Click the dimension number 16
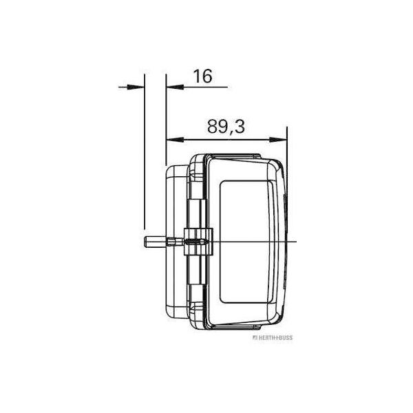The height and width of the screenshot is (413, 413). point(202,76)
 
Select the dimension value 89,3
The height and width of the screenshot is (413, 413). point(226,127)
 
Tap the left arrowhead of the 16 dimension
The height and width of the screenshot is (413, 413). point(136,87)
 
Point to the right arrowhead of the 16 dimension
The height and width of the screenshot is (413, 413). point(175,87)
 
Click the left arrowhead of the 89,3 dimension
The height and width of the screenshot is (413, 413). point(175,140)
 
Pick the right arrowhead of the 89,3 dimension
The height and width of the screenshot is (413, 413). point(278,140)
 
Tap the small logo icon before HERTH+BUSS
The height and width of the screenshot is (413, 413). point(255,338)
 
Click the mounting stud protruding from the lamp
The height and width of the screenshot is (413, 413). point(163,242)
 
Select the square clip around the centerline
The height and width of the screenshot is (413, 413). point(198,242)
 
